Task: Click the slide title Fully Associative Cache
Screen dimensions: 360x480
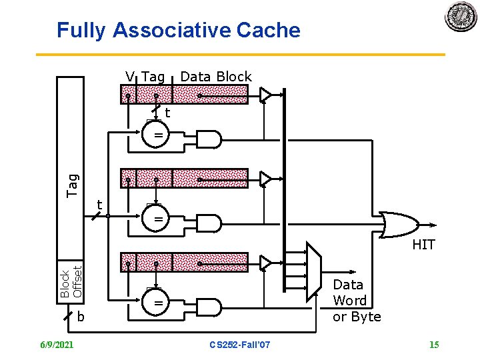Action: (x=179, y=31)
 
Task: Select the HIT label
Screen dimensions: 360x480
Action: (x=423, y=245)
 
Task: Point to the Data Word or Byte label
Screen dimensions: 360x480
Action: (x=356, y=301)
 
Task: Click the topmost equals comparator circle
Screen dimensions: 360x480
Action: (x=159, y=135)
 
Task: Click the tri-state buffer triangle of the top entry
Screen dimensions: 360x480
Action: (x=266, y=95)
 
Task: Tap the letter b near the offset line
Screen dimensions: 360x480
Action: (x=81, y=317)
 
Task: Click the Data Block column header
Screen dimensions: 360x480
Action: (x=216, y=77)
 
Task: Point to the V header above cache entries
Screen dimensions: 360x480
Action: (x=131, y=77)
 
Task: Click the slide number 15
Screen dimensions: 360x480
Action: (x=434, y=344)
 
